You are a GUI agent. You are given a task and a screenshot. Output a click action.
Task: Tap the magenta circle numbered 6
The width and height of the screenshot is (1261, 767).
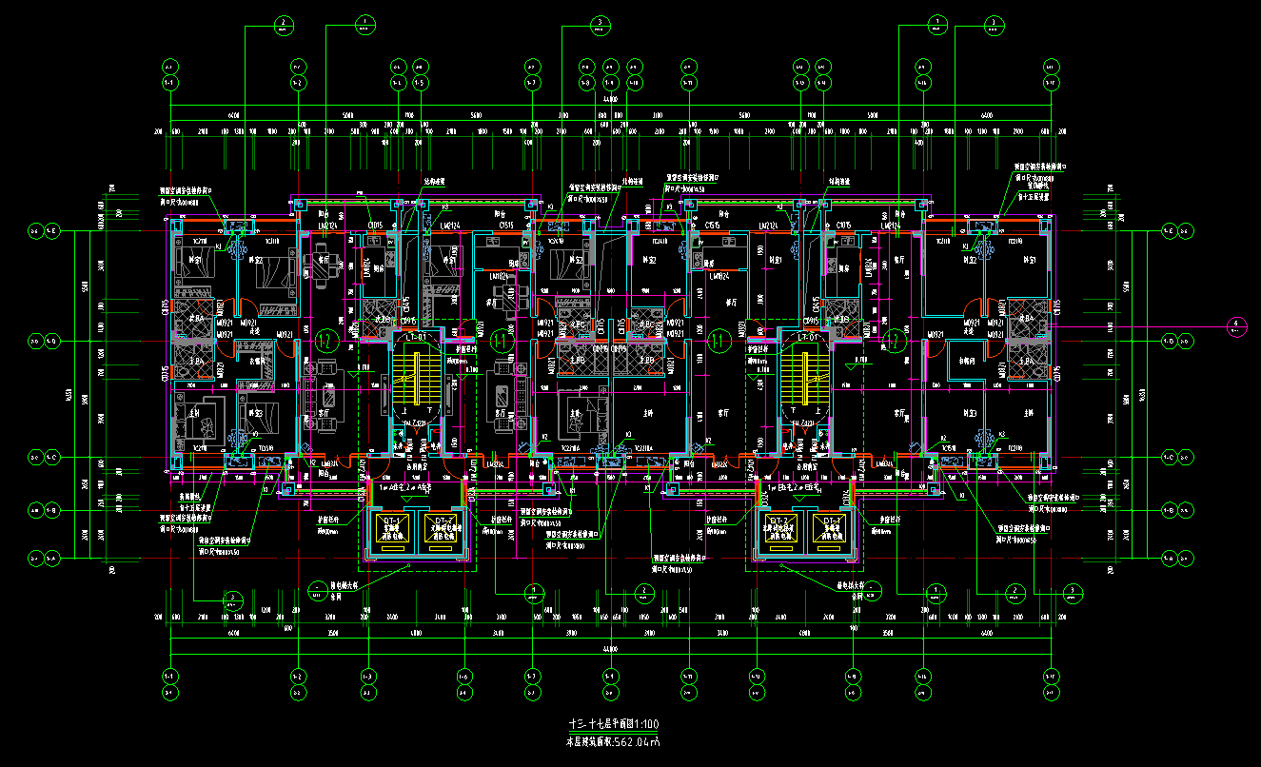[x=1236, y=325]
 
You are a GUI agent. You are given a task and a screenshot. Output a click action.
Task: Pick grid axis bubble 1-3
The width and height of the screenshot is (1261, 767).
[x=367, y=676]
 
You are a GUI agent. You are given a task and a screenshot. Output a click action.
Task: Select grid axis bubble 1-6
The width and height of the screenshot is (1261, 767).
[x=463, y=676]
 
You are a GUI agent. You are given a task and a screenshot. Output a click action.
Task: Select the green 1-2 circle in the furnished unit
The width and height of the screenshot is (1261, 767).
[x=325, y=340]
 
